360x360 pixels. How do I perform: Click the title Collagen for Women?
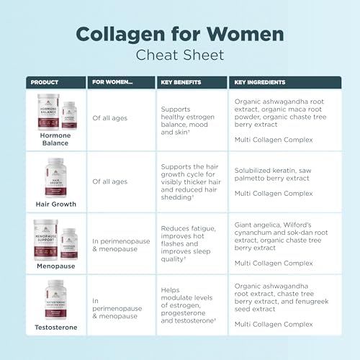click(179, 34)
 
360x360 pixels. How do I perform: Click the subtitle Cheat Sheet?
click(179, 55)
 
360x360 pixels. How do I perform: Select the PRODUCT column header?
click(45, 82)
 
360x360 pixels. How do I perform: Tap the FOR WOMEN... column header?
click(112, 82)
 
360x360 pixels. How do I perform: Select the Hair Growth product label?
click(56, 204)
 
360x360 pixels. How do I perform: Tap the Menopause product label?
click(56, 266)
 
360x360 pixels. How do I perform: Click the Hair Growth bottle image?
click(56, 176)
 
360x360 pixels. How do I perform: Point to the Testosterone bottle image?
click(56, 300)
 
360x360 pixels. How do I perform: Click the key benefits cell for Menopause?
click(190, 244)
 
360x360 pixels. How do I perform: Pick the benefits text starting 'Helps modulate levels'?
click(190, 305)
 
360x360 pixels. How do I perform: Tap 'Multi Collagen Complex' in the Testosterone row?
click(273, 325)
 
